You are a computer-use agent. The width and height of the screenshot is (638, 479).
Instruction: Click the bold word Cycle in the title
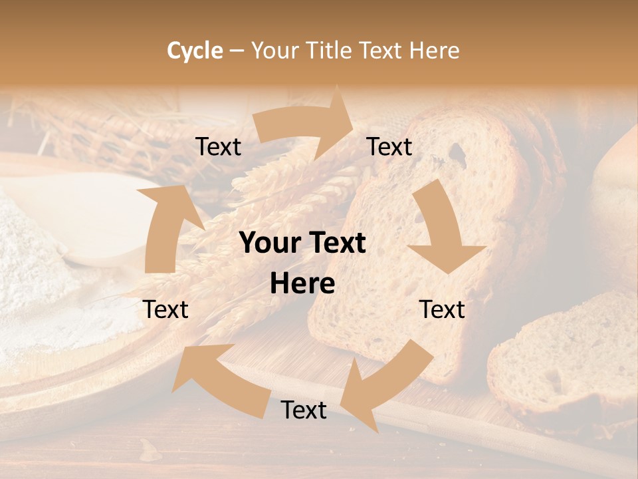[x=195, y=50]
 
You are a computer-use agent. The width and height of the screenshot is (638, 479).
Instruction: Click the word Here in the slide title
[x=435, y=50]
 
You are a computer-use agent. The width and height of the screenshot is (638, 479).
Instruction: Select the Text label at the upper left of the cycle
[x=218, y=147]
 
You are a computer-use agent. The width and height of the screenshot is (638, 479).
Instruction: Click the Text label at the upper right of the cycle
[x=389, y=147]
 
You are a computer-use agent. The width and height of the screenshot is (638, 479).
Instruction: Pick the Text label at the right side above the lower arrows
[x=442, y=309]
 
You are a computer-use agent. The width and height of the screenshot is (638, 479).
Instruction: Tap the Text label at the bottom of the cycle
[x=304, y=410]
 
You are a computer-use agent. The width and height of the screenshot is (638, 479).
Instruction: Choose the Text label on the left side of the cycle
[x=165, y=309]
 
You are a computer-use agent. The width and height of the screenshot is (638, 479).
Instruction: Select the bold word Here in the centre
[x=302, y=284]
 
